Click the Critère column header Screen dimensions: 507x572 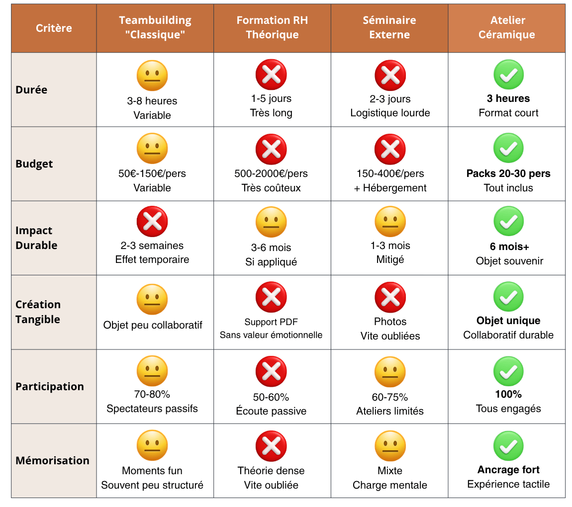click(x=54, y=28)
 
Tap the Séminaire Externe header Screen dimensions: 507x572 click(x=389, y=27)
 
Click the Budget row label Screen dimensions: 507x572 click(x=34, y=164)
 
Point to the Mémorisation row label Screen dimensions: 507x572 click(x=52, y=460)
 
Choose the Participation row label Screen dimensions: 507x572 click(x=50, y=386)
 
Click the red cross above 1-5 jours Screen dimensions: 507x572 click(x=271, y=75)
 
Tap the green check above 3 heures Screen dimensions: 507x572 click(x=508, y=75)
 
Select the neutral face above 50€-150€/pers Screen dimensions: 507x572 click(x=152, y=149)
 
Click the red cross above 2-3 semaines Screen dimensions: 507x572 click(x=152, y=222)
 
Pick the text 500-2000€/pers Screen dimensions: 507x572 click(x=271, y=173)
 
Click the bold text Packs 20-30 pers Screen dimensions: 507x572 click(x=508, y=173)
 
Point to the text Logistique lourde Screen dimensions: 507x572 click(x=390, y=113)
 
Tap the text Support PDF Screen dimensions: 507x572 click(x=271, y=322)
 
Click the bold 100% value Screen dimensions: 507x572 click(x=508, y=394)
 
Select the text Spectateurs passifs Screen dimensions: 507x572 click(x=152, y=409)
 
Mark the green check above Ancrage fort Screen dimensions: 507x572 click(x=508, y=446)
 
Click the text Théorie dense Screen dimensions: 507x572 click(x=271, y=470)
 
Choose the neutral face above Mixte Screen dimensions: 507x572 click(x=390, y=446)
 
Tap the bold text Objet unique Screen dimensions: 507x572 click(x=508, y=321)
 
